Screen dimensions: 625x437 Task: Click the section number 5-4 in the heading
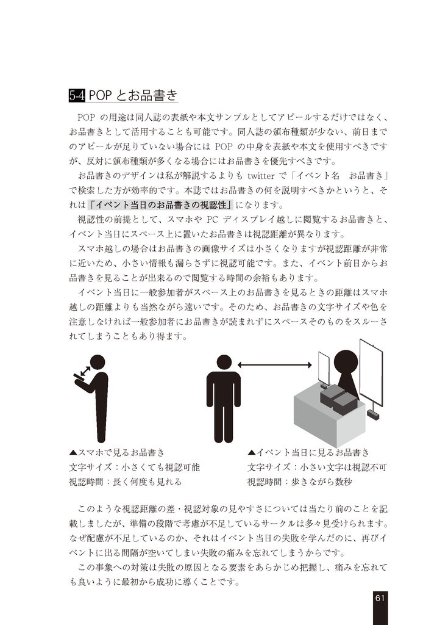coord(77,96)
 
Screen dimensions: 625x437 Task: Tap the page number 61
coord(379,598)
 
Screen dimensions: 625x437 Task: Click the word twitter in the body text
coord(263,176)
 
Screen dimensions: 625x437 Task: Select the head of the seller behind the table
coord(346,360)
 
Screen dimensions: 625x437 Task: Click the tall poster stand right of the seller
coord(371,372)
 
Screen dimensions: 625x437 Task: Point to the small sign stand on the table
coord(324,370)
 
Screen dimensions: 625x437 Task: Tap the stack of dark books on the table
coord(338,399)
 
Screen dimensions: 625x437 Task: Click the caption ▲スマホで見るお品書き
coord(116,452)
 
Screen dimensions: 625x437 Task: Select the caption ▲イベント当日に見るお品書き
coord(308,452)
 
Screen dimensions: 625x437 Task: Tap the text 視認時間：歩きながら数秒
coord(300,482)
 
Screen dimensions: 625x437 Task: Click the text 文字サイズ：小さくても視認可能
coord(134,467)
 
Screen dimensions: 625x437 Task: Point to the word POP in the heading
coord(101,96)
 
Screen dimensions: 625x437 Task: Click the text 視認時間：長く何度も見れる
coord(125,482)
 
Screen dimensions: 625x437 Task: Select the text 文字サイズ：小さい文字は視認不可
coord(317,467)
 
